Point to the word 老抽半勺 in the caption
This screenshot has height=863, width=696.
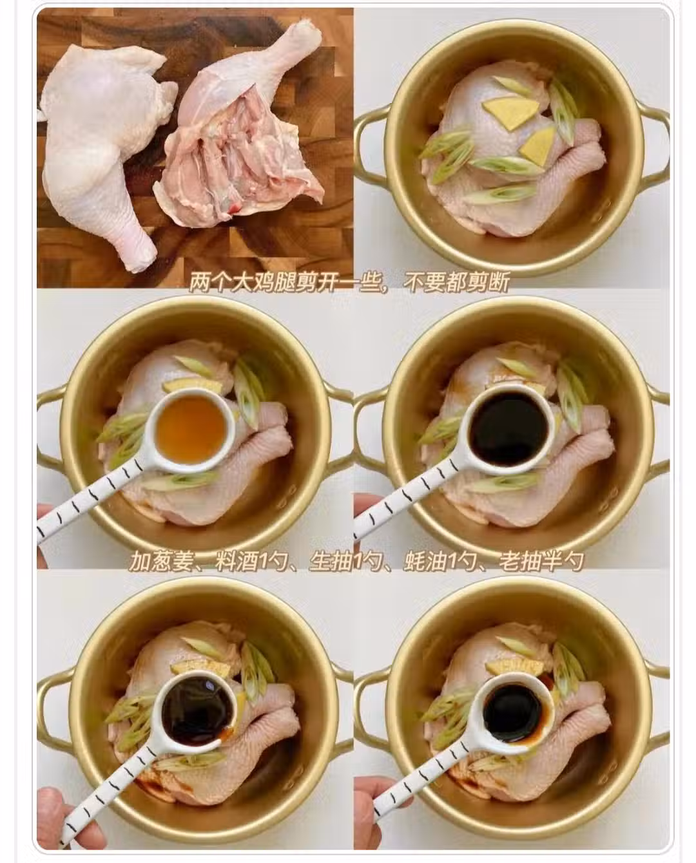(541, 562)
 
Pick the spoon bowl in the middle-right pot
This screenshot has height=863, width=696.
(509, 429)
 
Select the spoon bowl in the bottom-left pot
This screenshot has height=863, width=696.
(198, 709)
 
